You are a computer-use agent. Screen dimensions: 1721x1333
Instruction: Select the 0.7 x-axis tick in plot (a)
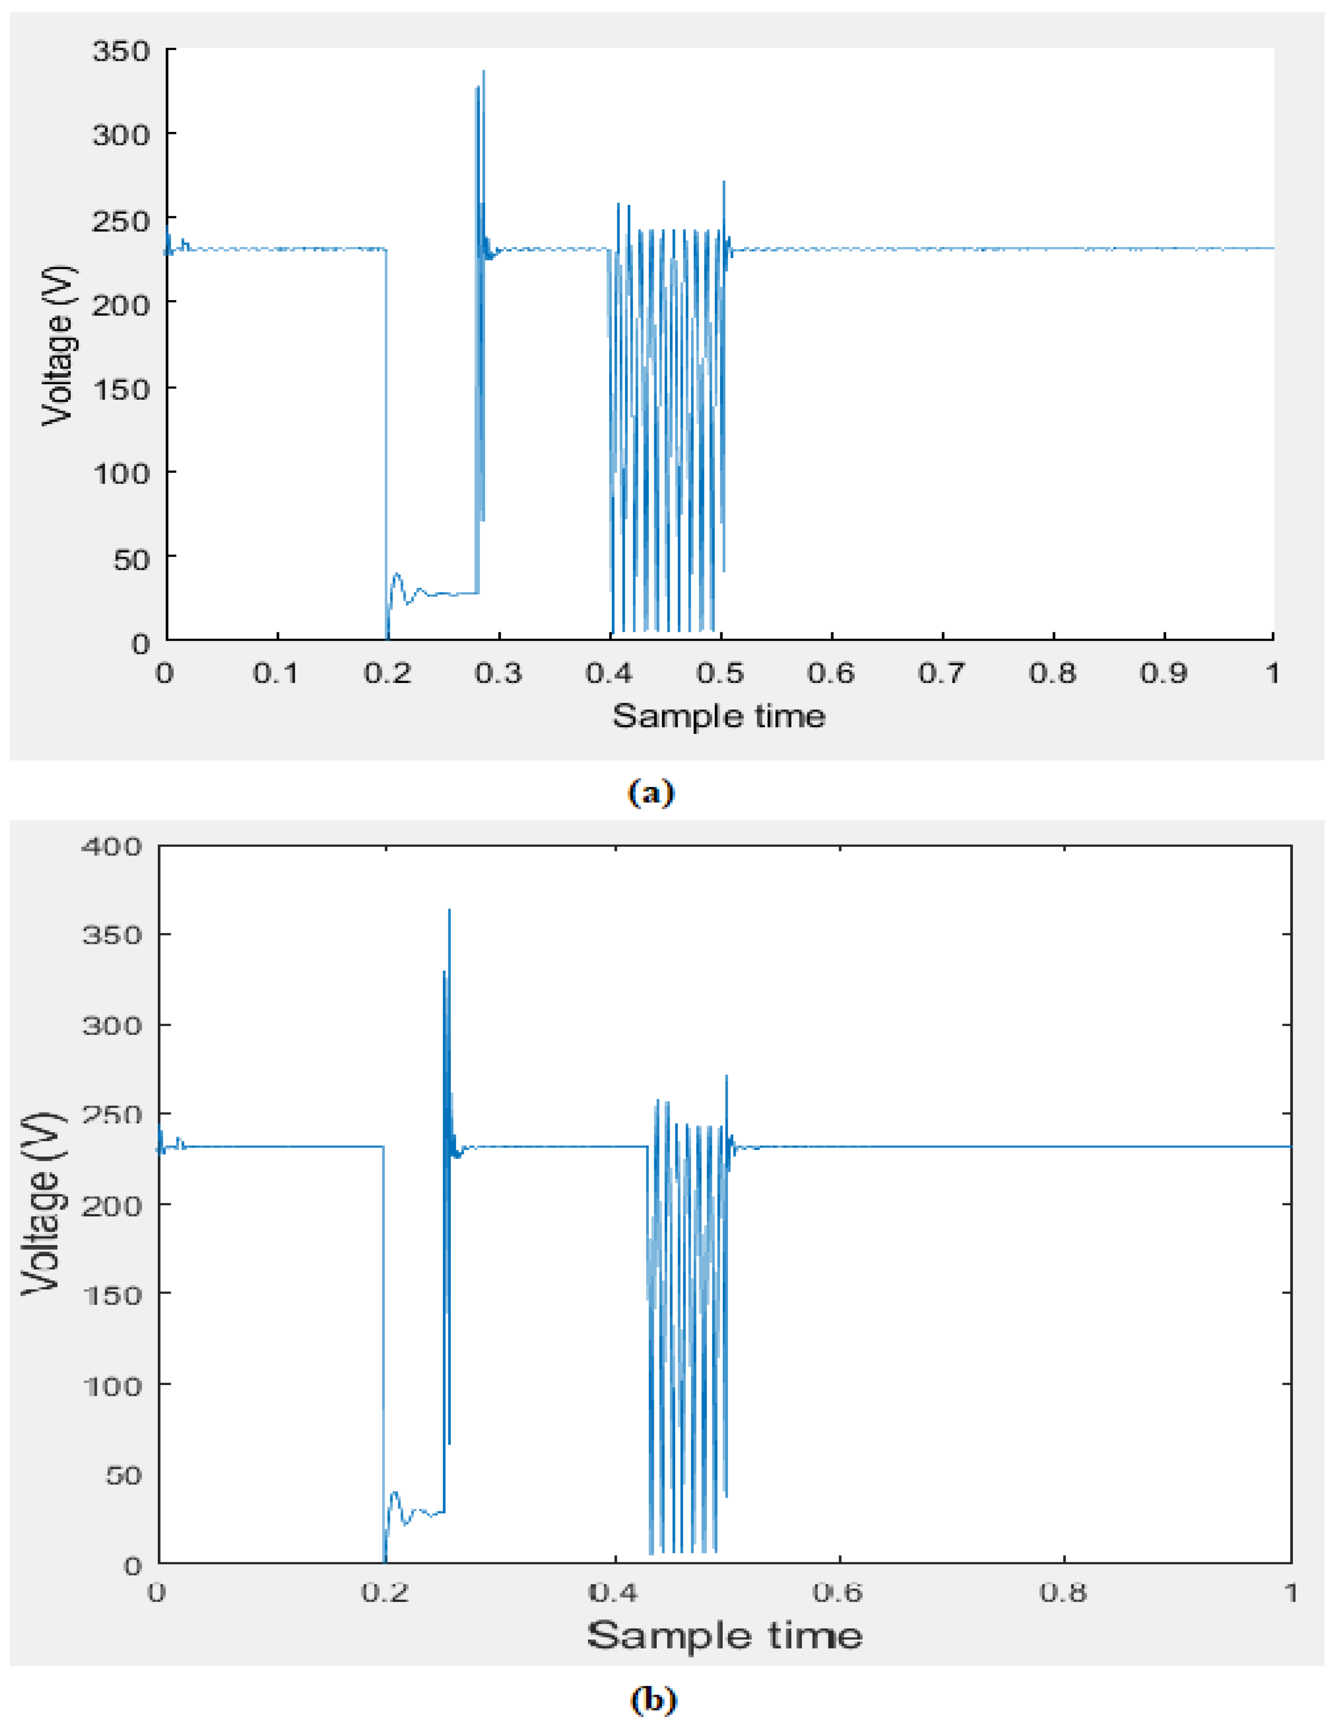click(x=942, y=673)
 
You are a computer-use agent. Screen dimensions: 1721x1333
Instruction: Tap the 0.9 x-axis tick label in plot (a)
click(x=1164, y=673)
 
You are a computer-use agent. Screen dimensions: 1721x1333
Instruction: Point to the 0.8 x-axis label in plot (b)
click(x=1063, y=1593)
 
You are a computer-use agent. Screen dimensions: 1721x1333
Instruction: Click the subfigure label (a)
click(x=652, y=792)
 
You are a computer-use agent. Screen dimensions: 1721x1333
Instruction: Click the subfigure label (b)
click(x=653, y=1700)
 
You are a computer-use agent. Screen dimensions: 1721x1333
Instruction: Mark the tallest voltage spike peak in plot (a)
click(x=483, y=72)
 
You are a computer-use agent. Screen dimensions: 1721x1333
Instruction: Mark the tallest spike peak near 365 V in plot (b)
click(x=449, y=910)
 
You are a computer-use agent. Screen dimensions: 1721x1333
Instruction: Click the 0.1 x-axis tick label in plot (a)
click(x=276, y=673)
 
